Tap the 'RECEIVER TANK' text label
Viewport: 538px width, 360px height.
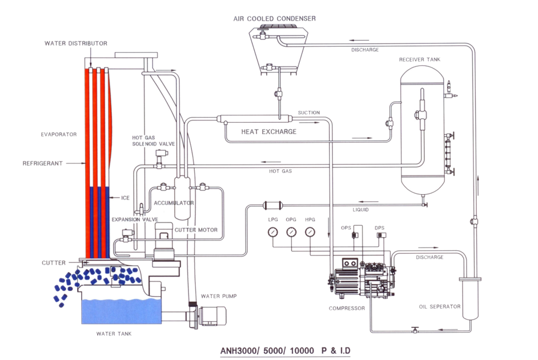coord(420,59)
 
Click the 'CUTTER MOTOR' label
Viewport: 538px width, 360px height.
coord(196,230)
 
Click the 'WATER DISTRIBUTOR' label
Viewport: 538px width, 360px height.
coord(75,43)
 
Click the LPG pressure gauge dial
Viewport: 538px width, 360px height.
coord(274,232)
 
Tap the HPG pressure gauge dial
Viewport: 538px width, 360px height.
coord(310,232)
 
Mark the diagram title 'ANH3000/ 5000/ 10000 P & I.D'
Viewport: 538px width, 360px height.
coord(286,350)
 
